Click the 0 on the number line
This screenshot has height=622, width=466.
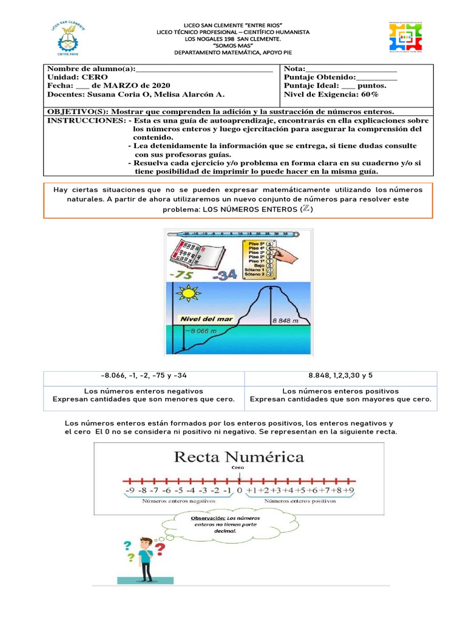(x=239, y=490)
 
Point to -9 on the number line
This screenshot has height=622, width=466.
(x=129, y=490)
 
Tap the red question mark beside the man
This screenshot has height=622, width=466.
(x=160, y=549)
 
